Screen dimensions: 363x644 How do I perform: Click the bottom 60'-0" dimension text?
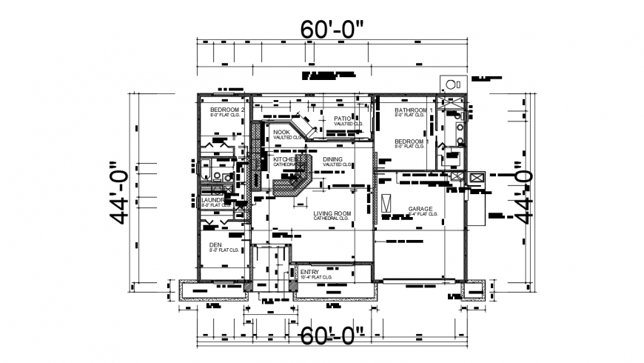point(332,335)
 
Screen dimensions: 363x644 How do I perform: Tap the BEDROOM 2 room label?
point(227,110)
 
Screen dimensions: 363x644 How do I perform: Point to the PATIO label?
point(341,119)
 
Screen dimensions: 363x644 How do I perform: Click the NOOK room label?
point(282,132)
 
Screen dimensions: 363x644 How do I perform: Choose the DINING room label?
point(332,159)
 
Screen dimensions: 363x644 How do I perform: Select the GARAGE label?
point(420,209)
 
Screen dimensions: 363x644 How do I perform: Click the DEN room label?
point(215,244)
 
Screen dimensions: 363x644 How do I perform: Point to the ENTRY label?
point(309,273)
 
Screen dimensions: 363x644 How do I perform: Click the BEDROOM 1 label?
point(409,141)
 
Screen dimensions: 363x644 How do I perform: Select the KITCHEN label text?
point(285,159)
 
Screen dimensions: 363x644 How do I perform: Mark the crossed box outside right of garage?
point(476,179)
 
